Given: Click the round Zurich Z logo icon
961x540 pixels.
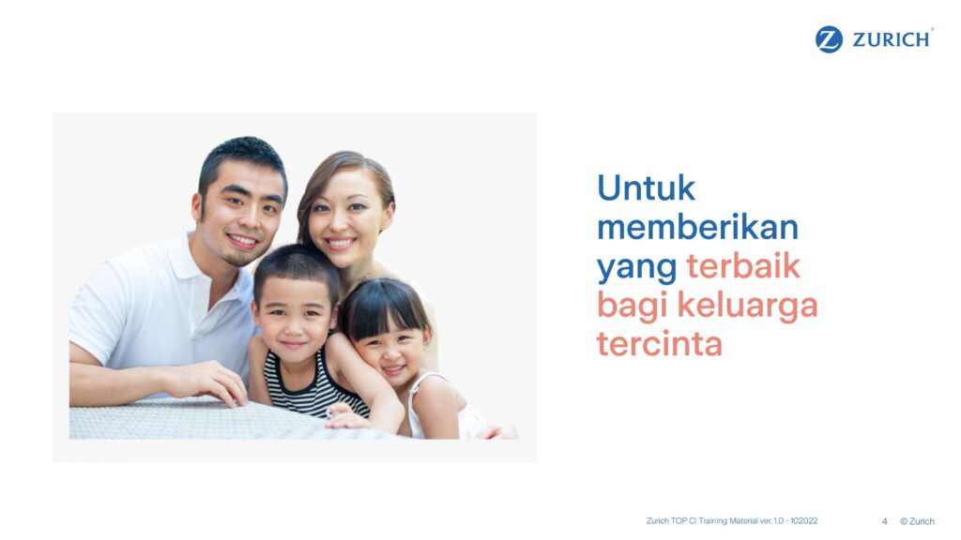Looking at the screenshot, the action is coord(829,39).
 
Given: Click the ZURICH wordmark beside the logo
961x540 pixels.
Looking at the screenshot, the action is coord(892,39).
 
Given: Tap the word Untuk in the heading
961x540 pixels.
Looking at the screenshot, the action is coord(646,187).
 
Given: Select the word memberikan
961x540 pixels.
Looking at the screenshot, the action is coord(698,227).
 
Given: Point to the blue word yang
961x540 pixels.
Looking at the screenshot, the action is coord(637,268).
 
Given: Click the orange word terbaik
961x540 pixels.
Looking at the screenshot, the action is coord(743,265).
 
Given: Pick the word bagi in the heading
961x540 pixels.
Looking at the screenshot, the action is coord(632,307).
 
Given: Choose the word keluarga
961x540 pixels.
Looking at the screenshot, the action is coord(747,307).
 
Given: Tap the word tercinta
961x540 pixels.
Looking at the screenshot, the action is coord(660,343).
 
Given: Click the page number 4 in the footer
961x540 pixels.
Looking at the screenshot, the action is coord(884,521).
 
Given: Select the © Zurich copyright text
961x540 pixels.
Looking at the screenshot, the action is coord(917,521).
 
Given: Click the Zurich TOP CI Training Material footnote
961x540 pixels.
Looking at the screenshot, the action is coord(732,521).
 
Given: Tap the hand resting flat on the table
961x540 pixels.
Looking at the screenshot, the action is coord(211,382).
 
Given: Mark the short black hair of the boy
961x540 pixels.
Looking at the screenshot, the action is coord(297,269).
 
